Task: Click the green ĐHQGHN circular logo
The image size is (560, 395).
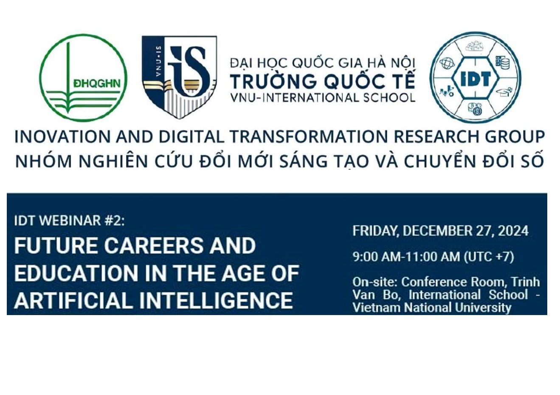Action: click(83, 78)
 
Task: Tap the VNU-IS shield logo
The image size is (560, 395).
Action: click(179, 77)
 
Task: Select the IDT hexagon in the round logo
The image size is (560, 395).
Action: click(475, 79)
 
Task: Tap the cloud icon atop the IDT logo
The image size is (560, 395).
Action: click(475, 47)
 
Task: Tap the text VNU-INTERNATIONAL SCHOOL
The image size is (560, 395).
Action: click(323, 97)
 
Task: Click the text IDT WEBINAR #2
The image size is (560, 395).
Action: click(69, 221)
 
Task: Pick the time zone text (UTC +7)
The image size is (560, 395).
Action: click(489, 256)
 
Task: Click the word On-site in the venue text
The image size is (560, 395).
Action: click(375, 282)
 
